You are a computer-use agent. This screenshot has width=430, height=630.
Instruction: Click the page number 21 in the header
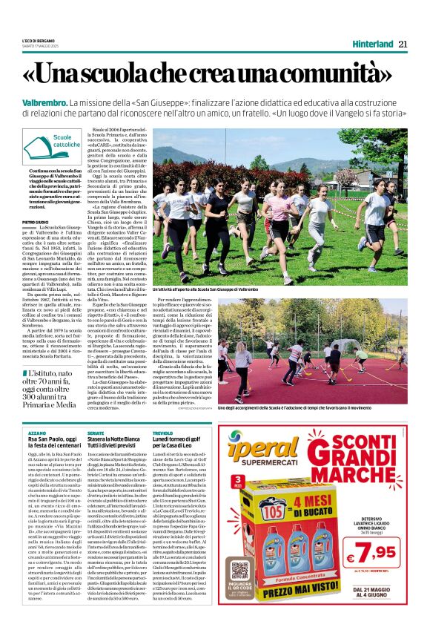(x=403, y=43)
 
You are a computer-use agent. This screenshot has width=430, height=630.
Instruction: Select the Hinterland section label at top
(x=372, y=43)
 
